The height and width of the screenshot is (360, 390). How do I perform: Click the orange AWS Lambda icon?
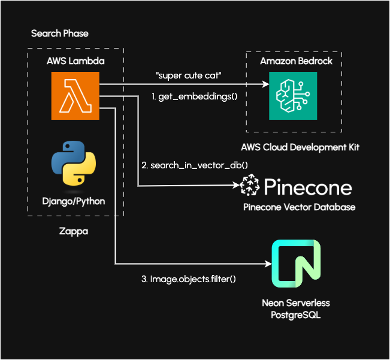tap(74, 96)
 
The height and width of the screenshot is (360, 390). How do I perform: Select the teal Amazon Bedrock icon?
tap(293, 95)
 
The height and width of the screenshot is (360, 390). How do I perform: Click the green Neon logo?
tap(296, 264)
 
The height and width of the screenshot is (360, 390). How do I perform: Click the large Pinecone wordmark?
tap(307, 187)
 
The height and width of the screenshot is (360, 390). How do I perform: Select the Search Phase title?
tap(59, 33)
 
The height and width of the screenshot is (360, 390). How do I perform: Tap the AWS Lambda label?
tap(74, 61)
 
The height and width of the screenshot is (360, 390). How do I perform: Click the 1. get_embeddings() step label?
tap(191, 96)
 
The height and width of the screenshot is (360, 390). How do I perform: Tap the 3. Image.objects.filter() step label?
tap(188, 279)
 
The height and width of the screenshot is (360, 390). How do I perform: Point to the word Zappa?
tap(73, 231)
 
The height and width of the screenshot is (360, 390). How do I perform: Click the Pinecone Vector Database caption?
tap(299, 207)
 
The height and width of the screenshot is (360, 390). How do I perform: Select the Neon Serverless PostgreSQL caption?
tap(296, 308)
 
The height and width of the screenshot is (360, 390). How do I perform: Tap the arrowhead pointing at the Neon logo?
tap(265, 264)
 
